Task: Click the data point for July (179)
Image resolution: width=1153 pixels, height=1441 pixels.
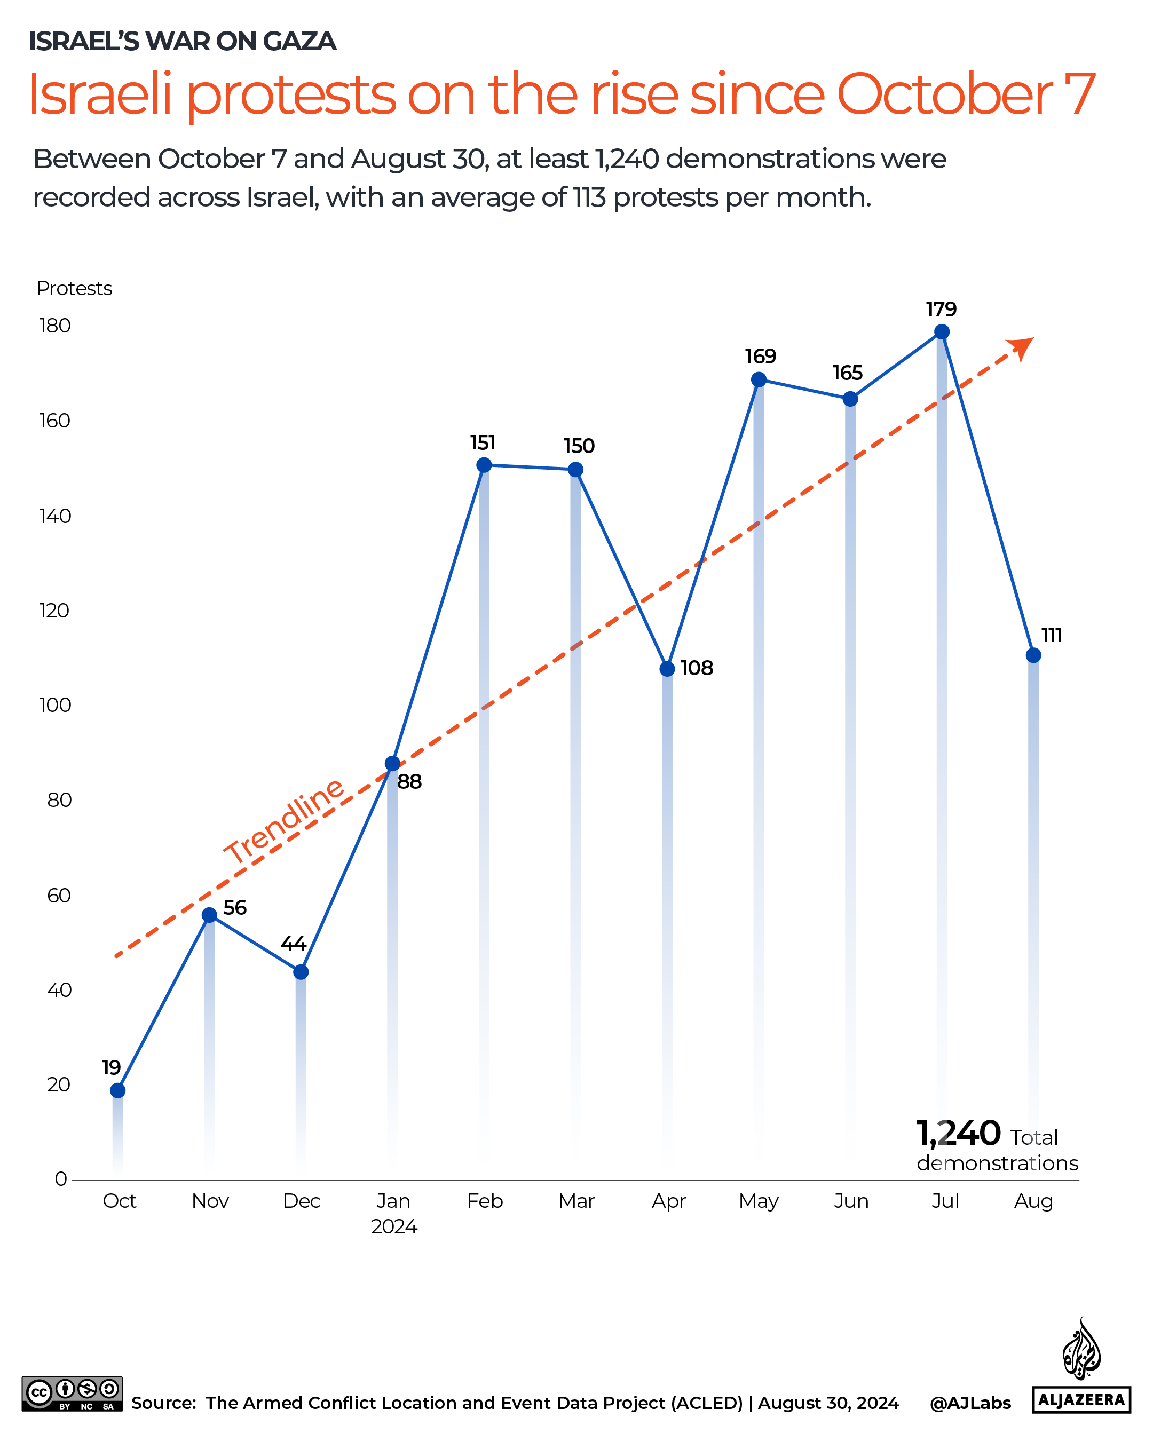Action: [x=941, y=331]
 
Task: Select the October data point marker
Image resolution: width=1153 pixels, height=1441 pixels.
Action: [x=117, y=1090]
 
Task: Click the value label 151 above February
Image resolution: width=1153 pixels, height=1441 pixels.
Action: [x=483, y=442]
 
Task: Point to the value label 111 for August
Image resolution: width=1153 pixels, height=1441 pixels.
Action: [x=1052, y=635]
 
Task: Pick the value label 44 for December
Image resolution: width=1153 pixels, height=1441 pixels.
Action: [x=294, y=943]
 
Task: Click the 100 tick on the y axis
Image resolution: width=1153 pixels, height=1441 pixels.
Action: [x=55, y=705]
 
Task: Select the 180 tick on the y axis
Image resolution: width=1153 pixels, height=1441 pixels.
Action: [x=55, y=326]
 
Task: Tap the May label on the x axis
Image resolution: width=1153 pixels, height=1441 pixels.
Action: [x=759, y=1201]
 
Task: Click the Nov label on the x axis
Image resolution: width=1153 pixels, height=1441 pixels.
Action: [x=210, y=1201]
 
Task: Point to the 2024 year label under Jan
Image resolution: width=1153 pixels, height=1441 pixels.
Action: [x=394, y=1226]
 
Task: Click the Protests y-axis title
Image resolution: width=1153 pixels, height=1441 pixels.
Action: [x=74, y=288]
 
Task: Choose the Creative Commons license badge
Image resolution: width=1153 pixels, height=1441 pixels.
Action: [x=72, y=1394]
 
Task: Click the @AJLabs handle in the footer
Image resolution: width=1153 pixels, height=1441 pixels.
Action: [x=970, y=1403]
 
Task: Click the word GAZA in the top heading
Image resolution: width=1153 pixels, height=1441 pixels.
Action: [x=299, y=42]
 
